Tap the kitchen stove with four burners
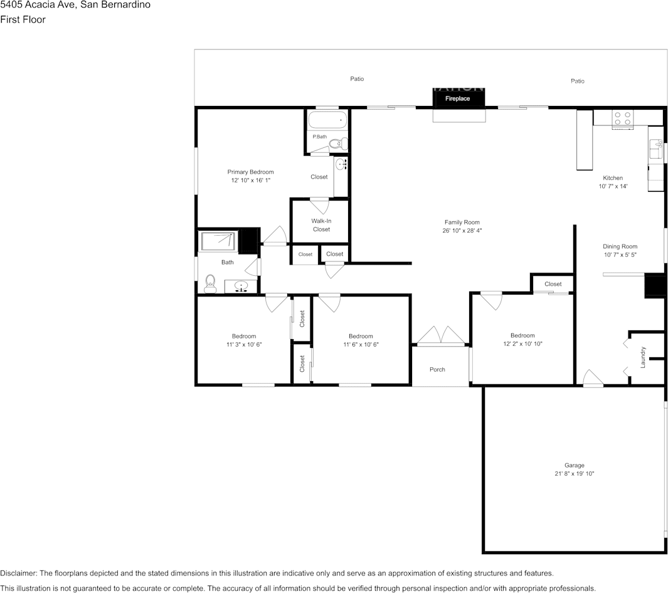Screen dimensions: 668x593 click(x=622, y=118)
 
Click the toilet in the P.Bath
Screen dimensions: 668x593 click(x=339, y=144)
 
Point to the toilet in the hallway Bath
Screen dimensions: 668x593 click(x=210, y=285)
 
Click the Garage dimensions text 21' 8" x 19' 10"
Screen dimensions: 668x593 click(x=575, y=473)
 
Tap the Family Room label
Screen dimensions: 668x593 click(x=462, y=222)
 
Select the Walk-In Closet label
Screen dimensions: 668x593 click(x=321, y=225)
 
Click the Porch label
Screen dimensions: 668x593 click(x=437, y=369)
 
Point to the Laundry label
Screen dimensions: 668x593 click(x=643, y=357)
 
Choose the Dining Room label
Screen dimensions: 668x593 click(x=620, y=246)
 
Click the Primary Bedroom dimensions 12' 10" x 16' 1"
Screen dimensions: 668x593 click(x=250, y=180)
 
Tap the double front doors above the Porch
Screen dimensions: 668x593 click(x=441, y=335)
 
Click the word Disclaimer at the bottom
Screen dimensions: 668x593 click(x=18, y=574)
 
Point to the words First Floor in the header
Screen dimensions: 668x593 click(x=23, y=19)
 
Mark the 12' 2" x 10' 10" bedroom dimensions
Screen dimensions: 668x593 click(x=522, y=344)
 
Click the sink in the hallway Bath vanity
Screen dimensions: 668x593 click(x=241, y=286)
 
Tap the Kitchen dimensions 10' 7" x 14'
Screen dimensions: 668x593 click(x=613, y=186)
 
